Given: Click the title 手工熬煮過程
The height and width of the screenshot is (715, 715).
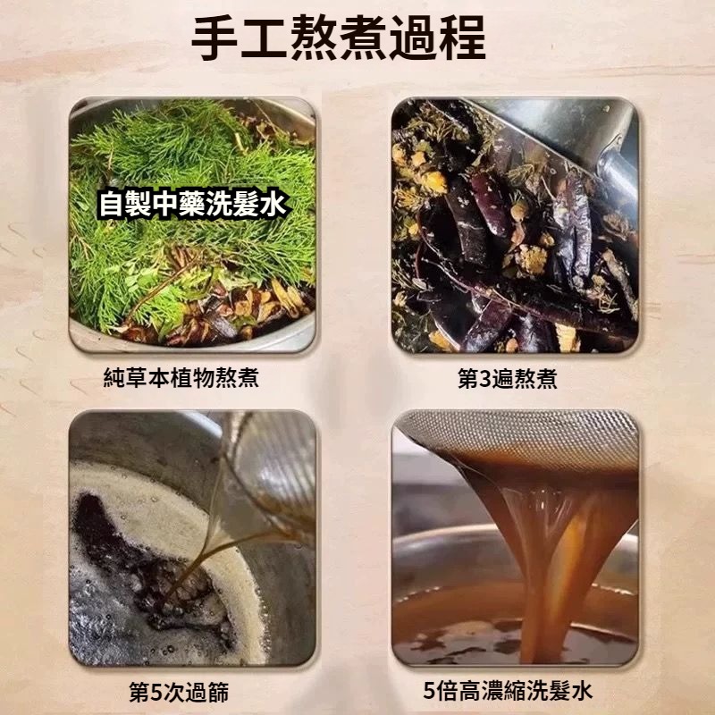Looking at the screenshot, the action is click(x=339, y=38).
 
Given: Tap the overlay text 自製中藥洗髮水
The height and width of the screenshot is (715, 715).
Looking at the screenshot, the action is click(x=192, y=204).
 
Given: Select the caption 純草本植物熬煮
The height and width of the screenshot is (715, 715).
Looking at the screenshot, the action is click(x=181, y=377).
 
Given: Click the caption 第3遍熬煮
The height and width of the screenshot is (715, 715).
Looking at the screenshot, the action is click(x=507, y=378).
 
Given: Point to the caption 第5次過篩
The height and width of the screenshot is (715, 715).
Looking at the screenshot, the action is click(x=179, y=692).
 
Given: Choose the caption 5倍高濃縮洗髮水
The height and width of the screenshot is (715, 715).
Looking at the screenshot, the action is click(x=508, y=690).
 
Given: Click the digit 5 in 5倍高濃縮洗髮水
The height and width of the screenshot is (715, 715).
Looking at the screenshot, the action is click(x=429, y=691).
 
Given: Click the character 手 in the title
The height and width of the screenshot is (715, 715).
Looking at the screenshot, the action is click(x=214, y=38).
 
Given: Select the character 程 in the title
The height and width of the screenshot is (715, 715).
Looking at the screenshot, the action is click(x=462, y=38).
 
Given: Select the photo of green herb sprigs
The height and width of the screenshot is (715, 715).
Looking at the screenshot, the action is click(x=192, y=224).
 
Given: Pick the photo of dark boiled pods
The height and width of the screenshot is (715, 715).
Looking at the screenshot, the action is click(x=515, y=225).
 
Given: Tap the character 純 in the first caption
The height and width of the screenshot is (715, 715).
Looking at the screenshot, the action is click(x=114, y=377).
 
